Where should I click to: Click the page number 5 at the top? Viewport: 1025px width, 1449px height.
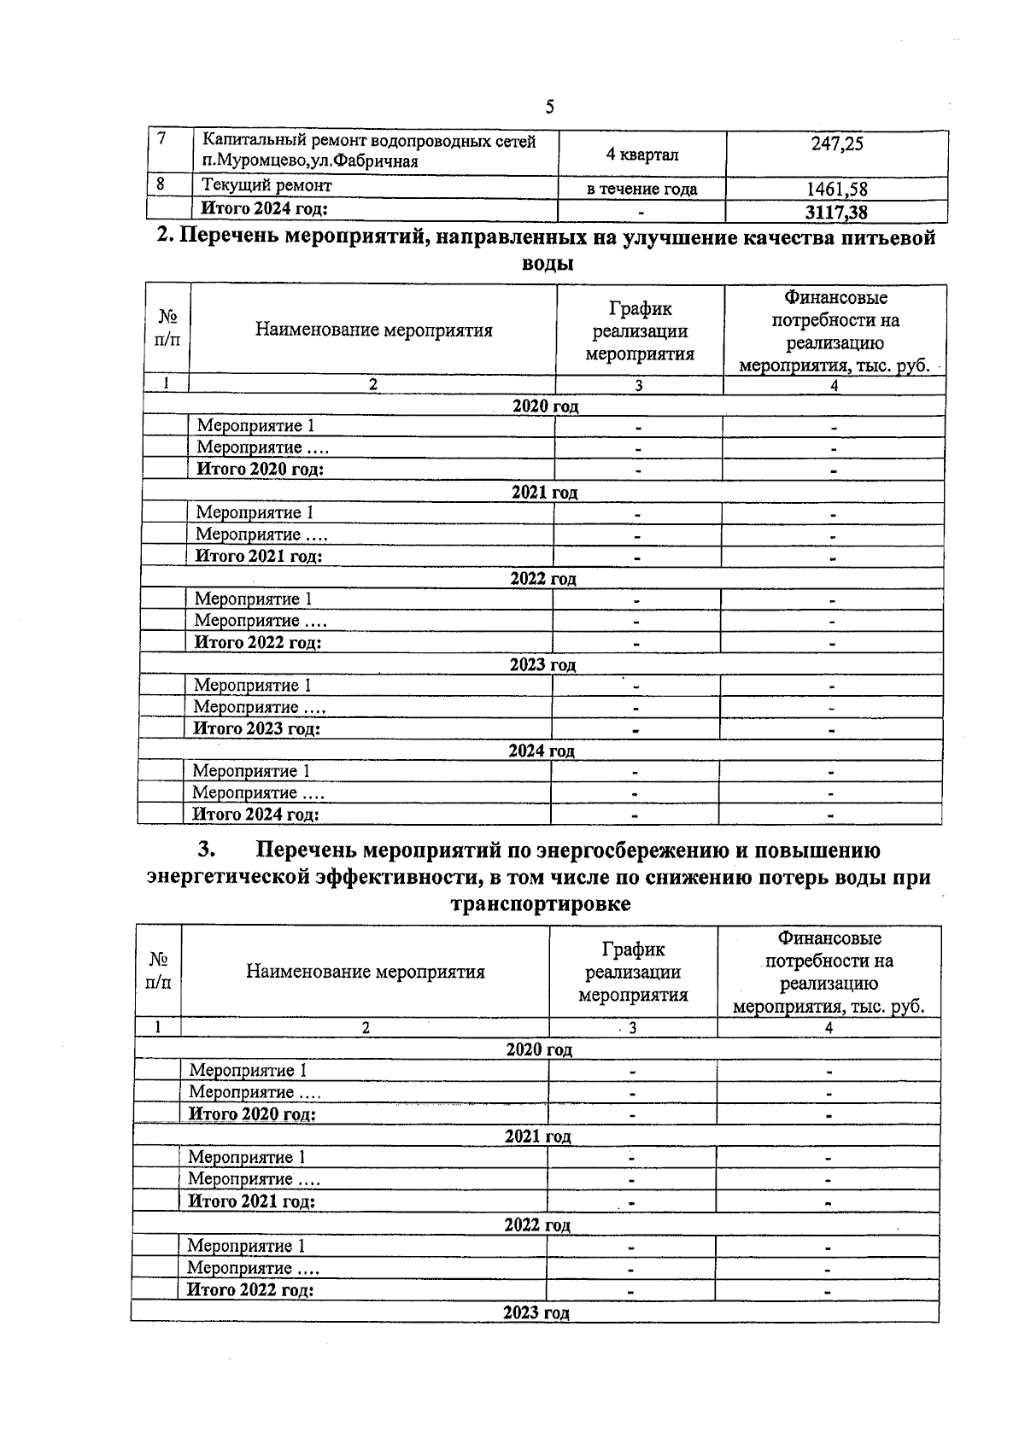point(549,107)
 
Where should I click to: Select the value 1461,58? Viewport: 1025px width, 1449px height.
point(836,189)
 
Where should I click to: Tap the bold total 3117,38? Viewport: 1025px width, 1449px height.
point(836,211)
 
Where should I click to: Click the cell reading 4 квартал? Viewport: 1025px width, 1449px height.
point(641,155)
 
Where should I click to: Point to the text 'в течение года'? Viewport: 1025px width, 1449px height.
point(641,189)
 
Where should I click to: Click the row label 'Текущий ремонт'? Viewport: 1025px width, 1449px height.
point(266,185)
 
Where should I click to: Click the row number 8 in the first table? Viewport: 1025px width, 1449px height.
point(160,184)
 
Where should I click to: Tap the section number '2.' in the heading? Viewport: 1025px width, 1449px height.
point(166,237)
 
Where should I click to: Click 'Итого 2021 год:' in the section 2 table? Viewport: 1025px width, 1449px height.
point(259,556)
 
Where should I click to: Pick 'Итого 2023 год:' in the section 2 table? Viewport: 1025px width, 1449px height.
point(256,728)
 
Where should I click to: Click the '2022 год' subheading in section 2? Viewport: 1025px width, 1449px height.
point(543,578)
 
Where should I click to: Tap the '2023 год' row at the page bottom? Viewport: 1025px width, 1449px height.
point(536,1312)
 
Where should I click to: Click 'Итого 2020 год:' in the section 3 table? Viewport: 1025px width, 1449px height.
point(252,1113)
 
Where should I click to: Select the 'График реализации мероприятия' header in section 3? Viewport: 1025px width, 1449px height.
point(633,972)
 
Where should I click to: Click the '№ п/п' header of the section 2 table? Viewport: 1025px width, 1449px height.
point(167,328)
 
